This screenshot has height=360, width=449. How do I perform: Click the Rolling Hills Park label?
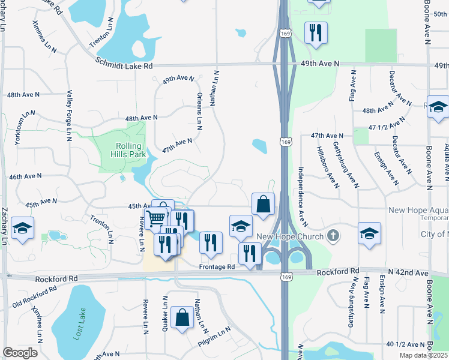pos(125,150)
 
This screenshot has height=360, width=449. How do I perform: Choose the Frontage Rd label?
pos(217,266)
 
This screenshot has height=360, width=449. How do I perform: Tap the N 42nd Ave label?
pos(409,273)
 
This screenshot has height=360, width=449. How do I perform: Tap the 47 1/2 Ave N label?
pos(384,127)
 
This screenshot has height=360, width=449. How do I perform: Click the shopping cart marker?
pos(157,217)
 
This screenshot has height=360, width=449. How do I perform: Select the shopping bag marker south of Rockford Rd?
pos(182,317)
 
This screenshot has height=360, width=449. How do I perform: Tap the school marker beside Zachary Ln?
pos(22,229)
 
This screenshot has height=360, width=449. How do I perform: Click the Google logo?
pos(20,352)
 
